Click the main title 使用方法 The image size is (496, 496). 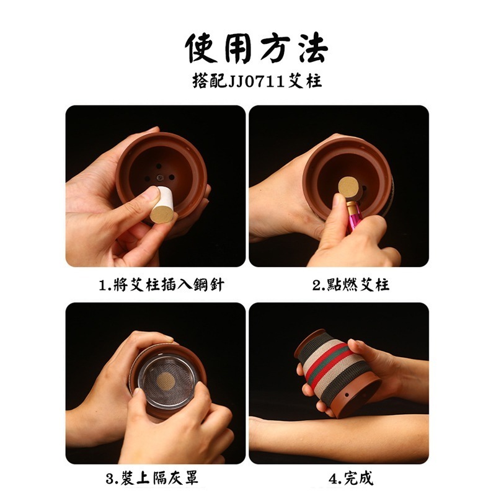(256, 48)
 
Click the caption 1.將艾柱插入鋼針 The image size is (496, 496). (161, 285)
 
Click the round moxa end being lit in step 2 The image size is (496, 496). (350, 185)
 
